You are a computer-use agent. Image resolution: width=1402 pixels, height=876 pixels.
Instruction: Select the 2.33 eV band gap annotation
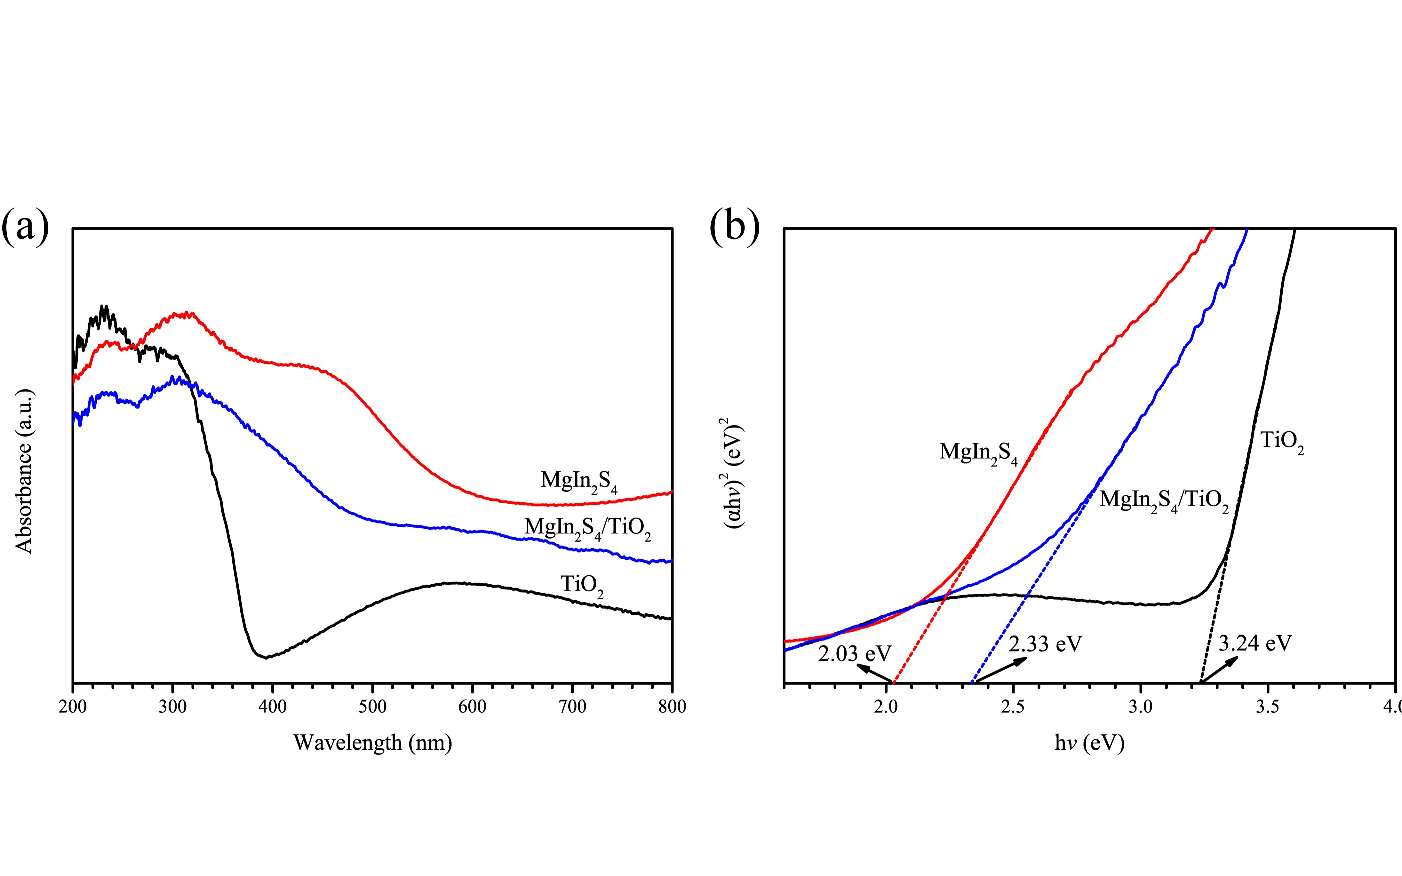tap(1045, 644)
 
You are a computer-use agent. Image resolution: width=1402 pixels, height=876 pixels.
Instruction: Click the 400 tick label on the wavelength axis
tap(272, 707)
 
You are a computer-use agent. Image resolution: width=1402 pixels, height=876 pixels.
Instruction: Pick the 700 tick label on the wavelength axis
tap(573, 707)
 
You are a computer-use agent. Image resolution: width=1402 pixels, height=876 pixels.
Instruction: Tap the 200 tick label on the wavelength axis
tap(73, 707)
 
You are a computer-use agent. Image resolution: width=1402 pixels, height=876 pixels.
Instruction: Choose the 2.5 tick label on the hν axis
tap(1013, 707)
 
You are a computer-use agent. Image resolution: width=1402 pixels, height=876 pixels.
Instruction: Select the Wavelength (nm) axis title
tap(373, 743)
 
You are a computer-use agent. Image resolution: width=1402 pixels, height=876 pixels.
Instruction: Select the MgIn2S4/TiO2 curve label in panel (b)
tap(1164, 500)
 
